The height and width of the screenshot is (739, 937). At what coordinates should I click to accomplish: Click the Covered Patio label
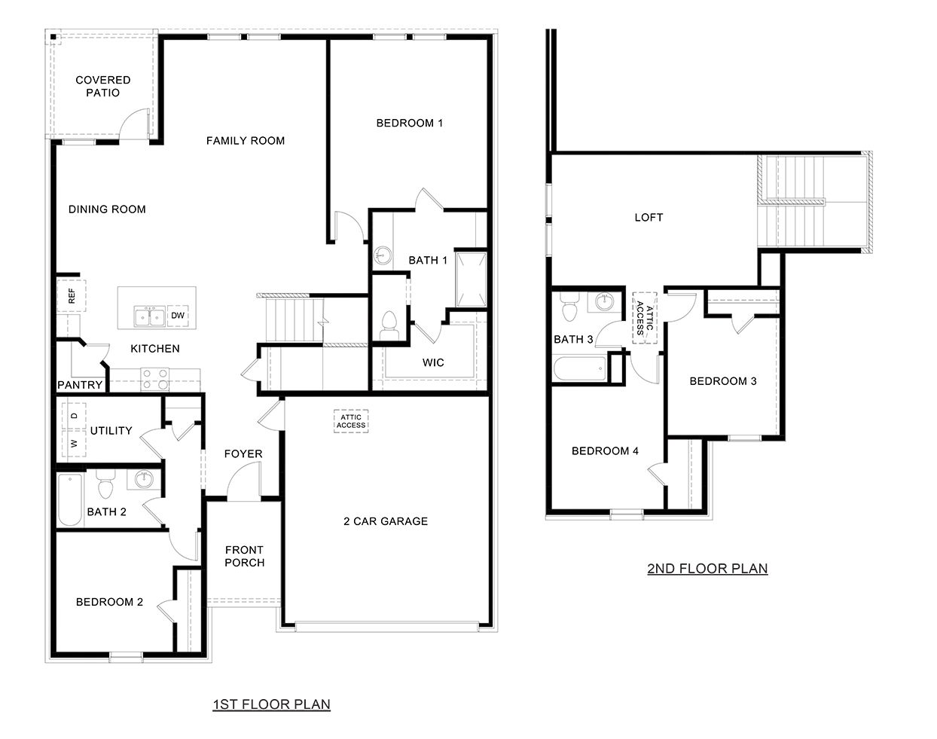[x=102, y=86]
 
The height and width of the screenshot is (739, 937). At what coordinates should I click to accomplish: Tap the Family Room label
[x=246, y=140]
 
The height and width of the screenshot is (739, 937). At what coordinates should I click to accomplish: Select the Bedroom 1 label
[x=410, y=123]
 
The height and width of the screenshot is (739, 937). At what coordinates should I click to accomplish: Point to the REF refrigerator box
[x=72, y=296]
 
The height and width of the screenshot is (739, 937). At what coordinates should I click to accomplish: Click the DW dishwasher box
[x=177, y=316]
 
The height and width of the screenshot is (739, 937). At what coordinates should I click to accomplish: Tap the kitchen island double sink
[x=150, y=316]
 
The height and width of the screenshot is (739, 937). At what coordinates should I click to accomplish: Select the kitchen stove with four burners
[x=155, y=378]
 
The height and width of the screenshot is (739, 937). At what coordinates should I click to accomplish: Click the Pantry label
[x=80, y=385]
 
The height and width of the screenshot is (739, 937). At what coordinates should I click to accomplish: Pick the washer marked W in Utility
[x=74, y=444]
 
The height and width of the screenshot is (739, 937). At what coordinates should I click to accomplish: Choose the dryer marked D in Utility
[x=74, y=415]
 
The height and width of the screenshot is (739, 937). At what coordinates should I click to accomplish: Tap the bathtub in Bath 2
[x=70, y=501]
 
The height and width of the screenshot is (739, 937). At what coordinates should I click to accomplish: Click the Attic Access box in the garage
[x=351, y=421]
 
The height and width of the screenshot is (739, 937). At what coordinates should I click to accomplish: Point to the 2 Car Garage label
[x=386, y=521]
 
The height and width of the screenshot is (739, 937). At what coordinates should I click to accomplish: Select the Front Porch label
[x=244, y=556]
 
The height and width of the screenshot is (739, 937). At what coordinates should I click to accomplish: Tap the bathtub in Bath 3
[x=579, y=368]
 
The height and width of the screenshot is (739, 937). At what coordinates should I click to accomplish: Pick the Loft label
[x=649, y=217]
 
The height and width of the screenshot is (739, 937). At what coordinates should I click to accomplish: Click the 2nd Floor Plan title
[x=707, y=568]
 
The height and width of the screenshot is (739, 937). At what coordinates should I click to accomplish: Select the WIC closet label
[x=433, y=362]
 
